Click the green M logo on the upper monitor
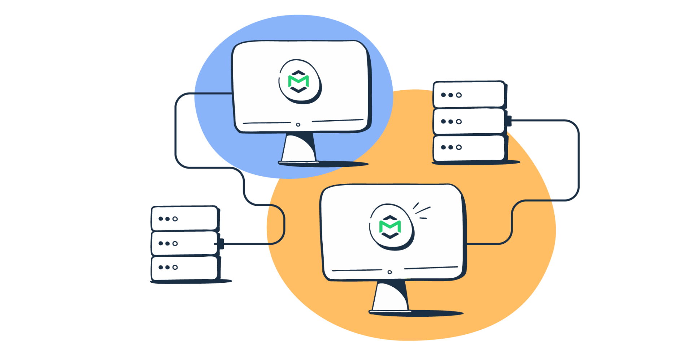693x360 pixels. pyautogui.click(x=298, y=81)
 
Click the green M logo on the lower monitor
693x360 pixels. pyautogui.click(x=390, y=226)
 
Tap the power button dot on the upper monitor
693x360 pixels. pyautogui.click(x=298, y=125)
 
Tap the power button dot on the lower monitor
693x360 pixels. pyautogui.click(x=389, y=272)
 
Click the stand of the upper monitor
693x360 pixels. pyautogui.click(x=299, y=148)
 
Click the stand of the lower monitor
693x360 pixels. pyautogui.click(x=391, y=296)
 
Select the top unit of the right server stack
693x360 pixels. pyautogui.click(x=469, y=95)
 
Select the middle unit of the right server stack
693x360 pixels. pyautogui.click(x=469, y=121)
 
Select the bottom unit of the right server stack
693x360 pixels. pyautogui.click(x=469, y=148)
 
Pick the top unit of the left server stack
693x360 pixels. pyautogui.click(x=184, y=218)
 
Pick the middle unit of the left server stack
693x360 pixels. pyautogui.click(x=184, y=243)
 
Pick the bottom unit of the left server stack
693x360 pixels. pyautogui.click(x=184, y=268)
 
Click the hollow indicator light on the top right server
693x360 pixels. pyautogui.click(x=459, y=95)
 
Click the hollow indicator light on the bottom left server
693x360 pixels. pyautogui.click(x=175, y=268)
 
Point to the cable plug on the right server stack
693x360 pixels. pyautogui.click(x=509, y=121)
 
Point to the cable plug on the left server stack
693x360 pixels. pyautogui.click(x=221, y=244)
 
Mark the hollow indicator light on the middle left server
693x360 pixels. pyautogui.click(x=175, y=243)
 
